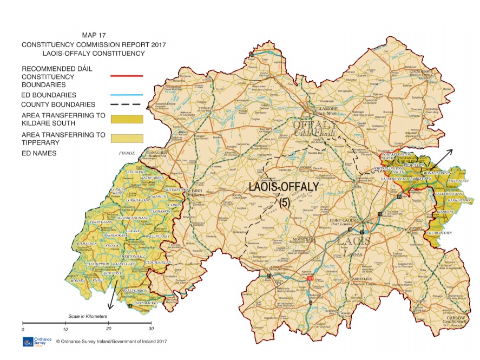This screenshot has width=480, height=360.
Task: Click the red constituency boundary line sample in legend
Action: pos(127,76)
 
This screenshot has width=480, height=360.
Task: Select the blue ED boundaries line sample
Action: pos(127,94)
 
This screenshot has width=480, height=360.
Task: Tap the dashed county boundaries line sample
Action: pos(127,104)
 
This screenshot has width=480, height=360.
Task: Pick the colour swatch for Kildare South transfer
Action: pos(127,119)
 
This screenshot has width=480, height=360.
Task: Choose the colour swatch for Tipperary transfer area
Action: pos(127,139)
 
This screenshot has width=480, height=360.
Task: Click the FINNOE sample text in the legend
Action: pos(126,154)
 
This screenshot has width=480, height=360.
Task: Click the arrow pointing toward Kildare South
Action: pos(445,158)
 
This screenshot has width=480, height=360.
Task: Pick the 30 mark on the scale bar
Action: pos(150,329)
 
